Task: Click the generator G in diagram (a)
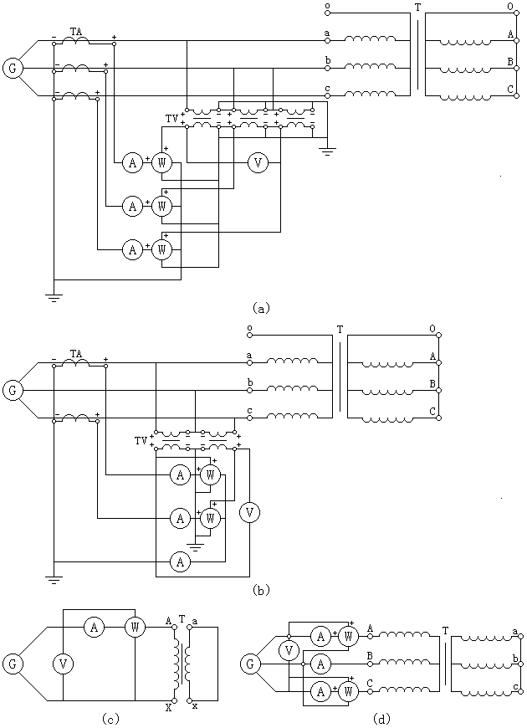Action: tap(13, 69)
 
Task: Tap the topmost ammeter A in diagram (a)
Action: tap(132, 162)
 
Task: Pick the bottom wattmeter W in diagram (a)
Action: tap(161, 250)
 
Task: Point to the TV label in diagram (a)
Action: tap(171, 118)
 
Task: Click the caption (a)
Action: tap(260, 308)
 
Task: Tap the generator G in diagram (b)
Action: tap(13, 391)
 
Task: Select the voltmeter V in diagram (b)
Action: tap(250, 513)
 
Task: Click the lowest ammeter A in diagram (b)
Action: tap(180, 562)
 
